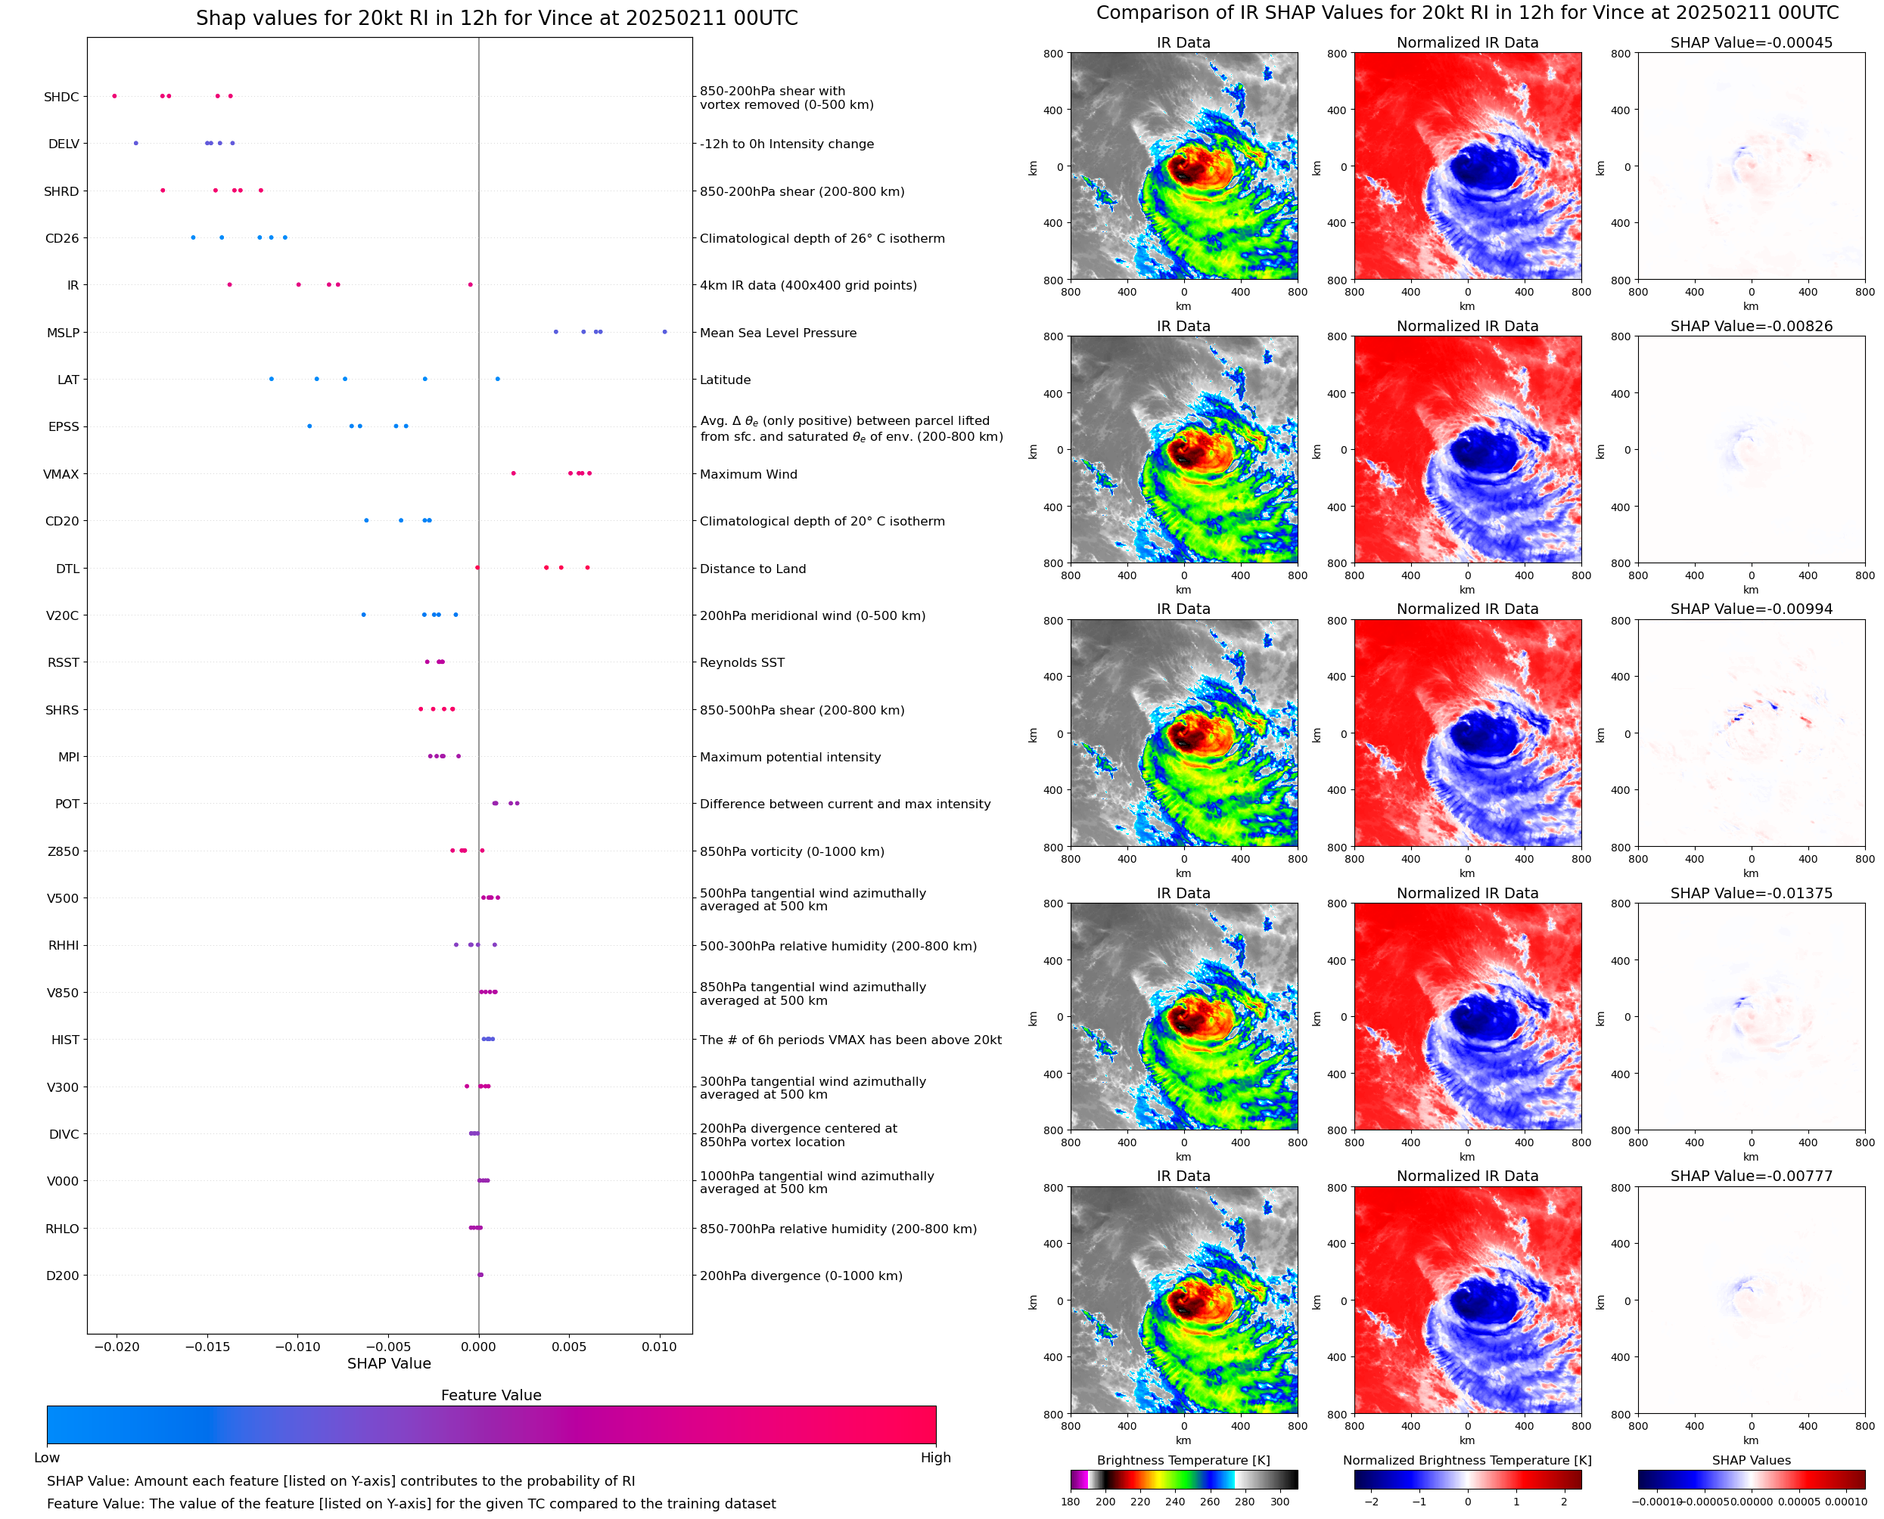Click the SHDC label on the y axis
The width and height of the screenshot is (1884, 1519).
[x=61, y=97]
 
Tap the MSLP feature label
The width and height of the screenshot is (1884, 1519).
[x=63, y=333]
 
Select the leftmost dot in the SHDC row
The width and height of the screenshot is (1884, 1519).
[x=115, y=96]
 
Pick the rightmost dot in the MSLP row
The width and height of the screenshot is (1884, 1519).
[x=664, y=332]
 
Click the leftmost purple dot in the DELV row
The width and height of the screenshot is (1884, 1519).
[x=135, y=143]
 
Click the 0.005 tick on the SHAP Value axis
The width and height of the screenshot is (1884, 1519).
[x=569, y=1347]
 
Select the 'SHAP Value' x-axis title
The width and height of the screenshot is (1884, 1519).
[x=389, y=1363]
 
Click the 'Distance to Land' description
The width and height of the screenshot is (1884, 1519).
[x=752, y=569]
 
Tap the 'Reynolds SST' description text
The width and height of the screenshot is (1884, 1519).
[x=741, y=662]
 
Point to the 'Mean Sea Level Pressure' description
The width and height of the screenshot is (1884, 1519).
[x=777, y=333]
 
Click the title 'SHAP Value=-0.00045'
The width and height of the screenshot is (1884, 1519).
[x=1751, y=42]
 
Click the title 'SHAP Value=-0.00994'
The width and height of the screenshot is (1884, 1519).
[x=1751, y=609]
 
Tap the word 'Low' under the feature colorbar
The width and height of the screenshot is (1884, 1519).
[x=47, y=1458]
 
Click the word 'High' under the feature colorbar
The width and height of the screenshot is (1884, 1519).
[x=935, y=1458]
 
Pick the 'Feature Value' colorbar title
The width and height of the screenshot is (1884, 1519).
[x=491, y=1395]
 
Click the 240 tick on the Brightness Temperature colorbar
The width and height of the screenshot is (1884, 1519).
[x=1175, y=1502]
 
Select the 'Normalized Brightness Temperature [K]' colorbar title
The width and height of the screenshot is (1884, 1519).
[x=1467, y=1460]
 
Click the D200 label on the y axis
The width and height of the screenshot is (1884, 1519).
[x=62, y=1276]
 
